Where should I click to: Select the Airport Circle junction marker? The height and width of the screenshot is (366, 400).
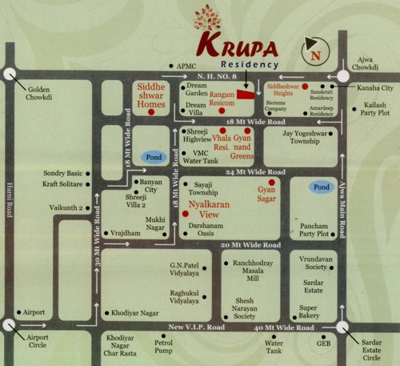pyautogui.click(x=9, y=326)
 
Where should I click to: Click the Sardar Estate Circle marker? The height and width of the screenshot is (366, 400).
pyautogui.click(x=344, y=327)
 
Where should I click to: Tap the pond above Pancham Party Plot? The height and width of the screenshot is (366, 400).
pyautogui.click(x=322, y=187)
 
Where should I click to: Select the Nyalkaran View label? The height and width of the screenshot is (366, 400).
pyautogui.click(x=214, y=208)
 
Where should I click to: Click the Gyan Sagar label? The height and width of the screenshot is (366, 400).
pyautogui.click(x=271, y=195)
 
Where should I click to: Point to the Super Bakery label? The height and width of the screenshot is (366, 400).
pyautogui.click(x=309, y=312)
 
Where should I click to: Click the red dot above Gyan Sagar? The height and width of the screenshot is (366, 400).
pyautogui.click(x=271, y=183)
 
